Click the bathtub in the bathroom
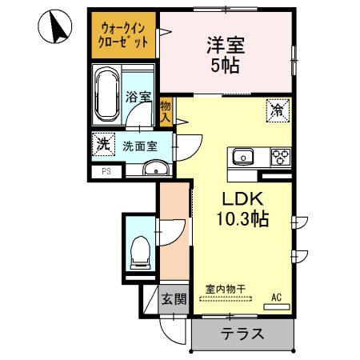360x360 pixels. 106,96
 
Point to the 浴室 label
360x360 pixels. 138,98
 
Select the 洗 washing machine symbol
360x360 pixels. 102,145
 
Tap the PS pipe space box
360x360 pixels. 106,171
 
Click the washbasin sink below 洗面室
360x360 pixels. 156,168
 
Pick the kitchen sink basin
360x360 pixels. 242,156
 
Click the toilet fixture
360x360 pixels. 141,250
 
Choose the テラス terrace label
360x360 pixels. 242,334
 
